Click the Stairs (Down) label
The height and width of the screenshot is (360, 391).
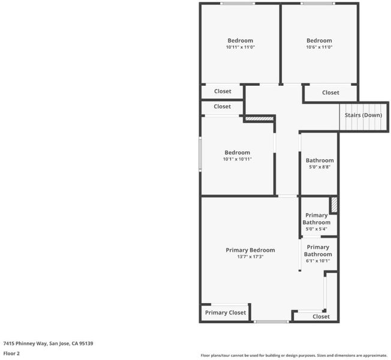[363, 115]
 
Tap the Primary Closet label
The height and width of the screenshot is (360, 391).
[225, 313]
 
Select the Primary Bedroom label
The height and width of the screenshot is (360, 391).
[250, 250]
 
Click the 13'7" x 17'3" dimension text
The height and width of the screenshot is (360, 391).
[250, 257]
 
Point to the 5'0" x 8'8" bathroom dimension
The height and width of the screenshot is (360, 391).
[320, 167]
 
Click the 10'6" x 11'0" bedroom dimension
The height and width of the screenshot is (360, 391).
[319, 47]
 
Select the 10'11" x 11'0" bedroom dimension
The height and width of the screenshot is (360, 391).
[240, 47]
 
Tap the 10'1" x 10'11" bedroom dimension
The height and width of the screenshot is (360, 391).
[237, 159]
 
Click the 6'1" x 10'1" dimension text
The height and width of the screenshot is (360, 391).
[318, 261]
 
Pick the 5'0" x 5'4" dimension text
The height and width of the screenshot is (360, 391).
[317, 229]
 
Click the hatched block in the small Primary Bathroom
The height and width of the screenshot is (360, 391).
[334, 205]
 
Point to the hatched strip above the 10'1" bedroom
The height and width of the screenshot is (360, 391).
[259, 119]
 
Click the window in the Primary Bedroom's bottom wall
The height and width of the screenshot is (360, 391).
[271, 322]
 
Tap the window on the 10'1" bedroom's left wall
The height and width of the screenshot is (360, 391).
[200, 154]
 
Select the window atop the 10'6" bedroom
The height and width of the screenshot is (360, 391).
[318, 4]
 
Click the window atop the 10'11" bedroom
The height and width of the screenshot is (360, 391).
[237, 4]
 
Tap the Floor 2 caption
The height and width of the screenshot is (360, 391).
[11, 353]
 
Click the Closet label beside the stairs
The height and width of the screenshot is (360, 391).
[330, 92]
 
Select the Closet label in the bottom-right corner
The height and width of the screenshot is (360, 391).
[321, 317]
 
